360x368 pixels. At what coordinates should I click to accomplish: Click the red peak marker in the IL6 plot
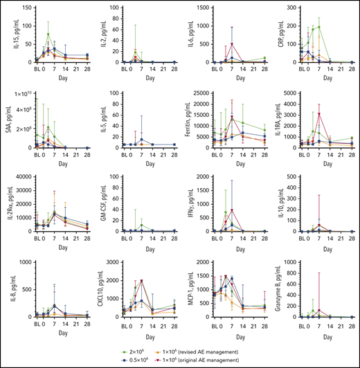[x=232, y=45]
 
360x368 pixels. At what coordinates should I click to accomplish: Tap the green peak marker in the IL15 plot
[x=48, y=34]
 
